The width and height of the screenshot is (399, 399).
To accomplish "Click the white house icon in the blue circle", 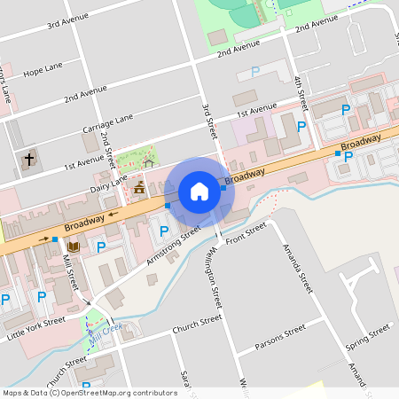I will (x=199, y=191).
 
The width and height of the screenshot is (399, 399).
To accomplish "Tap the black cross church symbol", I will (x=29, y=160).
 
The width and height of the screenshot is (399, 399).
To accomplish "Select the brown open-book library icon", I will (x=74, y=246).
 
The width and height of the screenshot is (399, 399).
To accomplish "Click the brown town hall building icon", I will (x=139, y=187).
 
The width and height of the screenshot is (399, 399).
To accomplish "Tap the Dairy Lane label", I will (x=109, y=184).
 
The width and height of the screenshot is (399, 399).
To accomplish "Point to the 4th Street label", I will (x=301, y=94).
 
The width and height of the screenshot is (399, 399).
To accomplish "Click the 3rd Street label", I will (x=210, y=120).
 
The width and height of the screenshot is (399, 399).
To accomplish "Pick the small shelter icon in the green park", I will (x=149, y=162).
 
